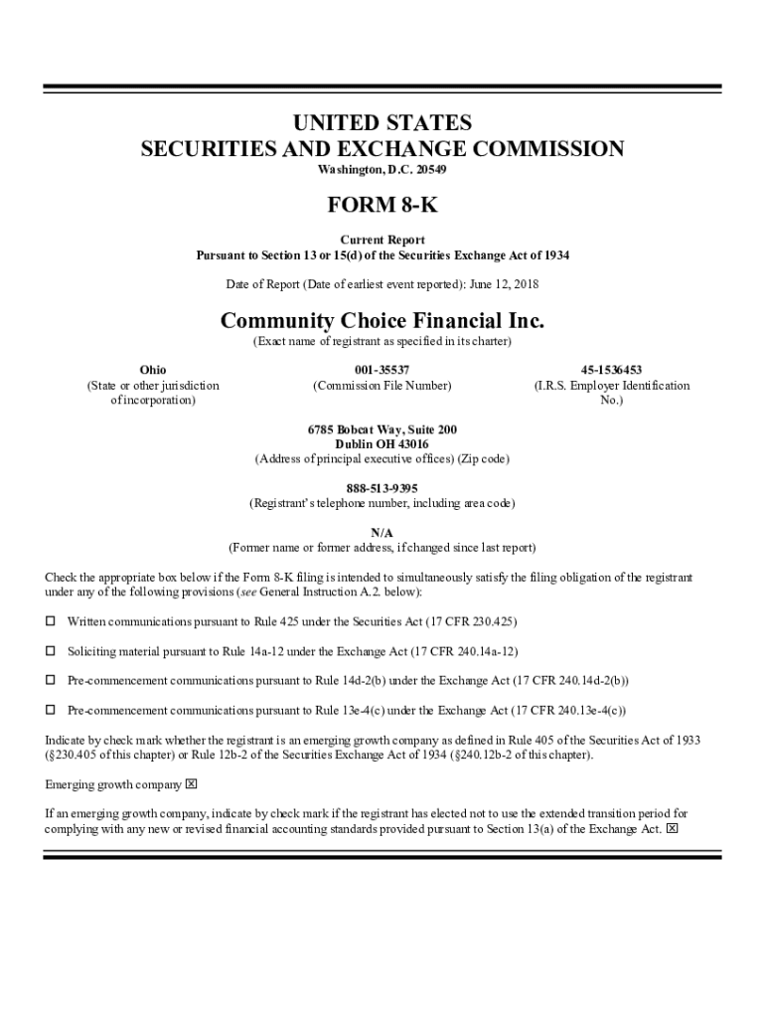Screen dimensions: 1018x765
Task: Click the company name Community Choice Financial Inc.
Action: point(382,321)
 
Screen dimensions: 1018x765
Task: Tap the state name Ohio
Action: point(153,370)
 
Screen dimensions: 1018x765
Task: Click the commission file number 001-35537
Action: point(382,370)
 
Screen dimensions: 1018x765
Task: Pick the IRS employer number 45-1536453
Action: point(611,370)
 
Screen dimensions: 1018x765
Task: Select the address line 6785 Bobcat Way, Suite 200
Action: point(382,429)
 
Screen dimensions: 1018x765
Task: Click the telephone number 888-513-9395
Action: point(382,488)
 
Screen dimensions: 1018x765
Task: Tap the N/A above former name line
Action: point(382,533)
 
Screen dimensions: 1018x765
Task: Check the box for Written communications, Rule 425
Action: point(51,621)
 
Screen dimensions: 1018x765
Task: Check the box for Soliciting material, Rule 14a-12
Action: point(51,651)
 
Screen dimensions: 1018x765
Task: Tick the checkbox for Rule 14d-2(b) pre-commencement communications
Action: point(51,681)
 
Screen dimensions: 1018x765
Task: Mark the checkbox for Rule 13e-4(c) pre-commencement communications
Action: point(51,711)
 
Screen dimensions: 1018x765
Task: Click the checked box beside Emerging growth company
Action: point(192,784)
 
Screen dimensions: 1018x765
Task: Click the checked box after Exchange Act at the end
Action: point(673,828)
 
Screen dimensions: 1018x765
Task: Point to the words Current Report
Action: point(382,241)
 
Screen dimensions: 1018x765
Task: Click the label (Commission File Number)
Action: point(382,386)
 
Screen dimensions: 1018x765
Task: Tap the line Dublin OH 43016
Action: point(382,444)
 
